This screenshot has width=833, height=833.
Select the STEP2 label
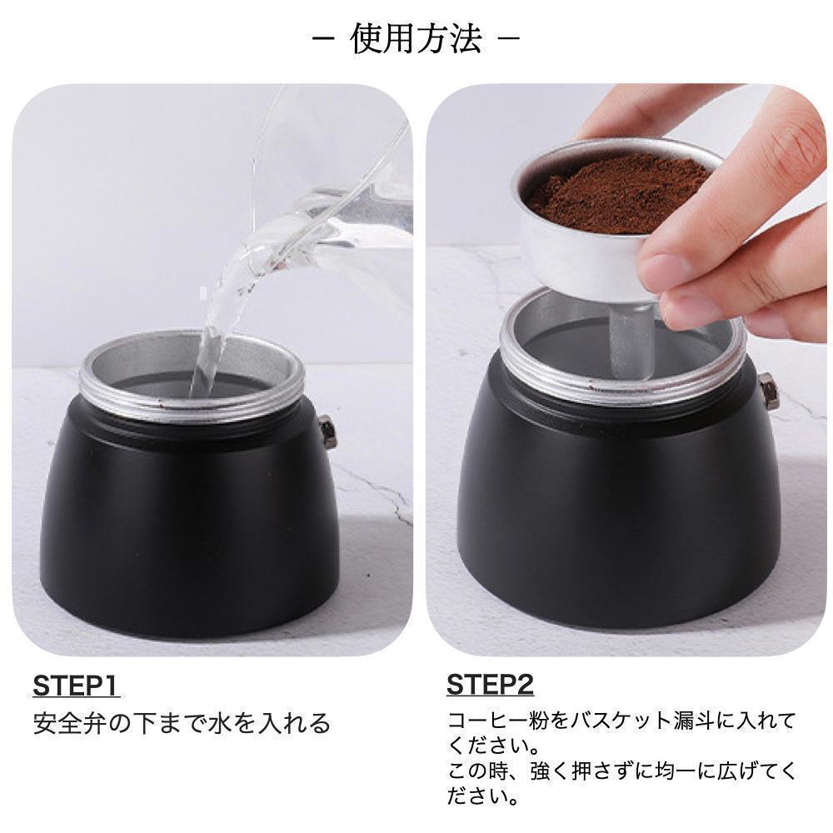[490, 686]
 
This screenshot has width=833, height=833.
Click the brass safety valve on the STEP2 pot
[766, 390]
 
